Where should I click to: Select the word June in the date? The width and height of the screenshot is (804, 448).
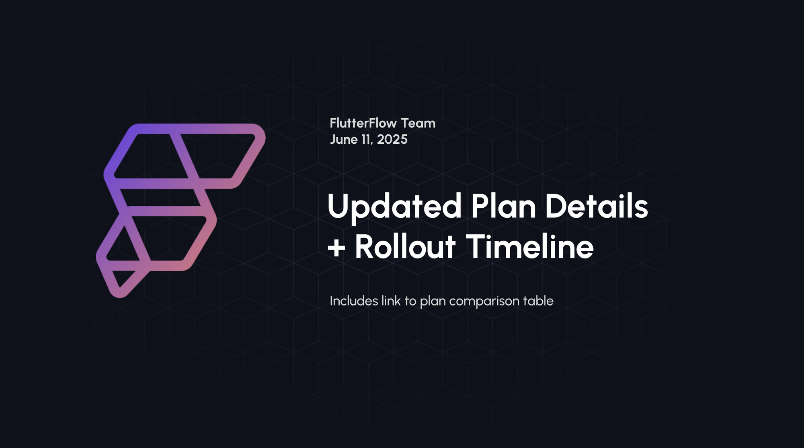click(x=344, y=140)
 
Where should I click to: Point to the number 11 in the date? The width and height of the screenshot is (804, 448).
click(x=366, y=140)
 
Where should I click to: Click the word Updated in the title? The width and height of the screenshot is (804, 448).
click(x=394, y=206)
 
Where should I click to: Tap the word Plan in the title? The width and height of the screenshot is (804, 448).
click(x=503, y=206)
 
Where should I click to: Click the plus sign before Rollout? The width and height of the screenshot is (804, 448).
click(x=336, y=248)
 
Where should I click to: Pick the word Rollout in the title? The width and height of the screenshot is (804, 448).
click(x=405, y=247)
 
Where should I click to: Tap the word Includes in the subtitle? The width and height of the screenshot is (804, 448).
click(x=354, y=301)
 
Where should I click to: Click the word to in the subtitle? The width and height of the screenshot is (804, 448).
click(x=410, y=301)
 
